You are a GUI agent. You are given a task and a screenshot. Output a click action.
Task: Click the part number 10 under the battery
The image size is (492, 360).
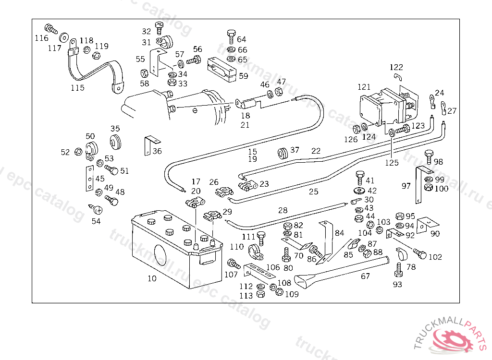coord(152,278)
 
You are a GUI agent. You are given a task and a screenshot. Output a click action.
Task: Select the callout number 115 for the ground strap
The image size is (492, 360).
coord(77,88)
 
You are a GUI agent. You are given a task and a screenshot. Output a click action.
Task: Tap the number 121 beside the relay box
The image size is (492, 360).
coord(364,87)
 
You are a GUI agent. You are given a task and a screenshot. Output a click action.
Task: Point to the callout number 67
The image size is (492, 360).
coord(366,276)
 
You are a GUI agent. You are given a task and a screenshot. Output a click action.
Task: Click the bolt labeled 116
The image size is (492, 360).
coord(50,28)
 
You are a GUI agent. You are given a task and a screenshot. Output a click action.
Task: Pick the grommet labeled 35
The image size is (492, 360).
coord(115,142)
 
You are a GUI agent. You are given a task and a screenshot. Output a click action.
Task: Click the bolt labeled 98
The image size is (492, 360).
coord(429,156)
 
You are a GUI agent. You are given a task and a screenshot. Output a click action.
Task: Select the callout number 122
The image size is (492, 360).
coord(396,67)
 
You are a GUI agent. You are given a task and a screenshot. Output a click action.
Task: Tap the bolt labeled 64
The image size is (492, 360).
coord(231,36)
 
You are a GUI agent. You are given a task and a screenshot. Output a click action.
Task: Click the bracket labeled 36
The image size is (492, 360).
coord(150,145)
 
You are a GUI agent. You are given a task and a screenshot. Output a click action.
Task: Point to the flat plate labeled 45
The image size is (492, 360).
coord(89,179)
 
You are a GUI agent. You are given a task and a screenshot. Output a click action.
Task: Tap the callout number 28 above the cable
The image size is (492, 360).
coord(283,210)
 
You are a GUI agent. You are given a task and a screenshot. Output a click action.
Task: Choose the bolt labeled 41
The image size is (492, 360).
coord(359,176)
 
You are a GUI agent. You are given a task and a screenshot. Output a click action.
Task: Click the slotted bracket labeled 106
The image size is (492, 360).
coord(259,273)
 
